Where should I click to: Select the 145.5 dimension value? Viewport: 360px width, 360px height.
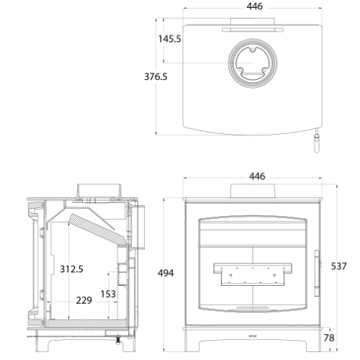click(x=171, y=39)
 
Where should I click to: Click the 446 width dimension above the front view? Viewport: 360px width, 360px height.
click(x=257, y=176)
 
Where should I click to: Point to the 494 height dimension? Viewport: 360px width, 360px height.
click(x=166, y=273)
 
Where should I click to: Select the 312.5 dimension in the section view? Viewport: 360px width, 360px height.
click(x=71, y=269)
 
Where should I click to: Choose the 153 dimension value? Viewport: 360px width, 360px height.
click(x=108, y=294)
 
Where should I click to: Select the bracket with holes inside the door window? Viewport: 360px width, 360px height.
click(x=252, y=271)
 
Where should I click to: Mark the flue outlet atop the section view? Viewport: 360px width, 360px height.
click(x=99, y=189)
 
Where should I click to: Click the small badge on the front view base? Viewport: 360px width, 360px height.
click(x=252, y=336)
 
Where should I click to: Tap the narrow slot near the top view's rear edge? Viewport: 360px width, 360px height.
click(x=252, y=30)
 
